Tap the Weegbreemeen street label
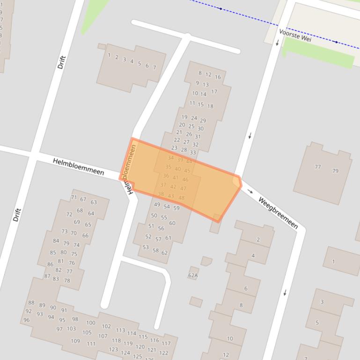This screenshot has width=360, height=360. pyautogui.click(x=278, y=213)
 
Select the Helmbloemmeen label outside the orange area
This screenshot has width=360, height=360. pyautogui.click(x=78, y=166)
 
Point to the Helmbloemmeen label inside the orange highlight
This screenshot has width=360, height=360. pyautogui.click(x=129, y=168)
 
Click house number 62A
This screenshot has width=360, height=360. pyautogui.click(x=193, y=275)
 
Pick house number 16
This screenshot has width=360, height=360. pyautogui.click(x=218, y=77)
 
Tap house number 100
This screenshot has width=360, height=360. pyautogui.click(x=90, y=323)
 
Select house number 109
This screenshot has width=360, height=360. pyautogui.click(x=75, y=341)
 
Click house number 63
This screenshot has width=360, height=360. pyautogui.click(x=94, y=202)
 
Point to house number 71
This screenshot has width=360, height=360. pyautogui.click(x=73, y=197)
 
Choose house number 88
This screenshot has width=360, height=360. pyautogui.click(x=31, y=302)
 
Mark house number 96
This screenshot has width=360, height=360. pyautogui.click(x=26, y=320)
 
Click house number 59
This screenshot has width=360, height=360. pyautogui.click(x=176, y=208)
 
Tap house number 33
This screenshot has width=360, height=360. pyautogui.click(x=193, y=153)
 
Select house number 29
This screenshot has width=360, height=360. pyautogui.click(x=203, y=121)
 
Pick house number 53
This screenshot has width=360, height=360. pyautogui.click(x=146, y=247)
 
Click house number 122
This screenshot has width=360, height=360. pyautogui.click(x=163, y=353)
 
